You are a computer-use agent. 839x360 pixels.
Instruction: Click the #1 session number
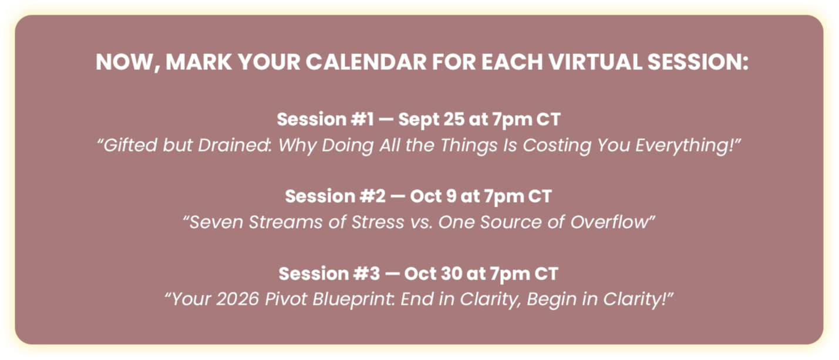(x=363, y=119)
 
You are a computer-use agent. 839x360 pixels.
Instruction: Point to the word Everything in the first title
(x=683, y=146)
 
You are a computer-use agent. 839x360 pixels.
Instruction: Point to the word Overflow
(x=609, y=222)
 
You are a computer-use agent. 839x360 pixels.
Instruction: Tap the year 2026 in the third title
(x=238, y=299)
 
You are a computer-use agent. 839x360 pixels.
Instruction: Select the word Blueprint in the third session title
(x=353, y=300)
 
